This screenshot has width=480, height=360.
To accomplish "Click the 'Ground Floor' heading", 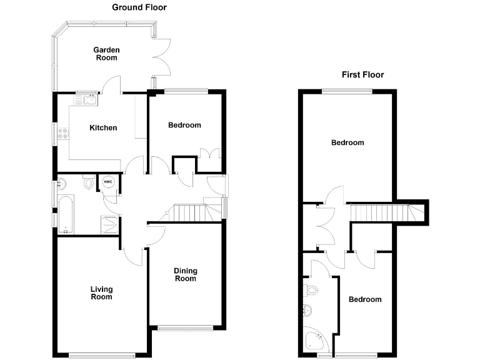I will (x=139, y=7).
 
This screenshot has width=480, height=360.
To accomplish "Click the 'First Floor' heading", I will (x=362, y=74).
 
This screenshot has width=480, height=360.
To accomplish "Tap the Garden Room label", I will (x=106, y=54).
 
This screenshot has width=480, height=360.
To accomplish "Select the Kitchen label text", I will (x=103, y=128).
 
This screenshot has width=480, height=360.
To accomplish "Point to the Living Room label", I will (x=101, y=292).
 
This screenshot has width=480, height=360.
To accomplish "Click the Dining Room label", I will (x=185, y=274).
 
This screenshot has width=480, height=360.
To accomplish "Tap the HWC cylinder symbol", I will (x=107, y=182).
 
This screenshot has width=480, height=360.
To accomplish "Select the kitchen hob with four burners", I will (x=63, y=133).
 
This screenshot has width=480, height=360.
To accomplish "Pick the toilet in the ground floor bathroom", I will (x=88, y=182).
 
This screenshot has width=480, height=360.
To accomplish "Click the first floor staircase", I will (x=381, y=212).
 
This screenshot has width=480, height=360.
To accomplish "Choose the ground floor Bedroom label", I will (x=184, y=125).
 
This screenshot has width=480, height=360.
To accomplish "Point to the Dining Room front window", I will (x=185, y=327).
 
